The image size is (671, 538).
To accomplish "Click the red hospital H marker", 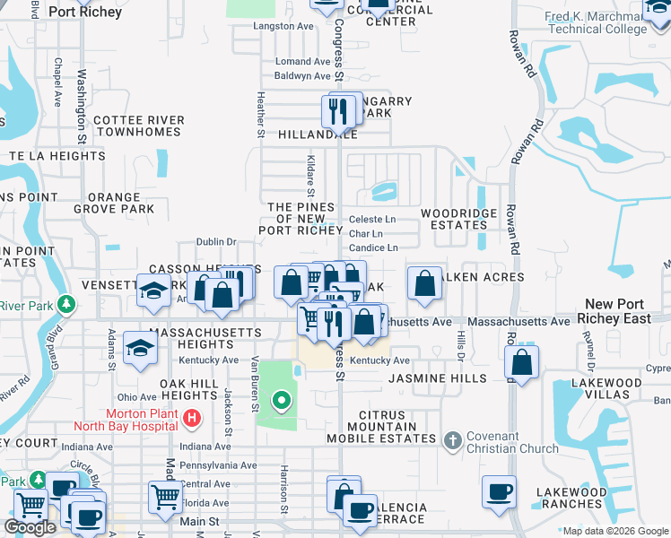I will pos(191,418).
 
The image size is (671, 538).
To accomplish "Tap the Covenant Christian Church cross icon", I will pos(454,439).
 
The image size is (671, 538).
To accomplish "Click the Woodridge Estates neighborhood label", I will pos(454,219).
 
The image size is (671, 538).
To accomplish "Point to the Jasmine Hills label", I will pos(437,378).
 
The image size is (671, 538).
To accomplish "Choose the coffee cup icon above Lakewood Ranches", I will pos(499,491).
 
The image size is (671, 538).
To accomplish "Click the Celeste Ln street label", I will pos(372,219).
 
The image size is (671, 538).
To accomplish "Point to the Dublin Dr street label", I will pos(216,241).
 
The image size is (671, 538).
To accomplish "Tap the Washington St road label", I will pos(81,108).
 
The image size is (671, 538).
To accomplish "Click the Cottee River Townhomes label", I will pos(138,126).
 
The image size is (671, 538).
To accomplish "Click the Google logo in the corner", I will pos(30,527).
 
